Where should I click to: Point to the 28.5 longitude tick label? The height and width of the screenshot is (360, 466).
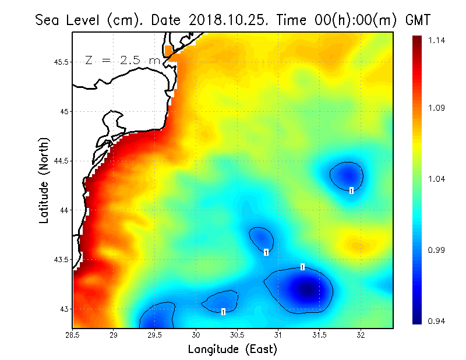[x=72, y=335]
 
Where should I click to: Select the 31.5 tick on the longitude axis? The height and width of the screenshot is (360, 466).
[x=320, y=335]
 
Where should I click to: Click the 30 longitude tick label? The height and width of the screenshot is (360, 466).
[x=196, y=335]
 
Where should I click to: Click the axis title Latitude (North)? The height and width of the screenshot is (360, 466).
[x=44, y=180]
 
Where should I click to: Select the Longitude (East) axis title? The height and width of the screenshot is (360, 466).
[x=232, y=350]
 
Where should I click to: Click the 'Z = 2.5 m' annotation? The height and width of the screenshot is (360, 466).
[x=123, y=60]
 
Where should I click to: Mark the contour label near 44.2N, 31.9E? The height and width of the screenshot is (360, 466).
[x=351, y=190]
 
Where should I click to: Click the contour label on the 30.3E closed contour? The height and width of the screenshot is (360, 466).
[x=223, y=312]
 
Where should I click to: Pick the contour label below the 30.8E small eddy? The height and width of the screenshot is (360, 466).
[x=266, y=252]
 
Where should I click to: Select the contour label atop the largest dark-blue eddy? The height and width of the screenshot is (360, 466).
[x=303, y=267]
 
